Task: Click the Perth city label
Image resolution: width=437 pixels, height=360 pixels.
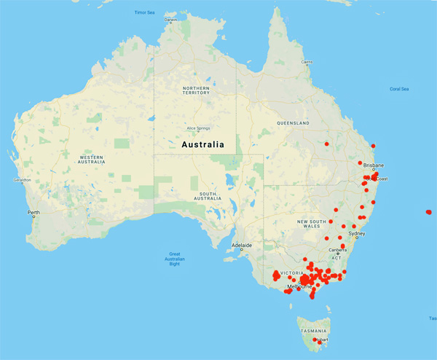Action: tap(33, 213)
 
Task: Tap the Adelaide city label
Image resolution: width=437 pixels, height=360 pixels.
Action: tap(241, 246)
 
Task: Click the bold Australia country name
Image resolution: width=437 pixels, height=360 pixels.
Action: tap(202, 145)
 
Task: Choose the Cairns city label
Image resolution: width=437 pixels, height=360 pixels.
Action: tap(307, 62)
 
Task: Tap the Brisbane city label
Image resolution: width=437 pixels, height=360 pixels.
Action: tap(374, 165)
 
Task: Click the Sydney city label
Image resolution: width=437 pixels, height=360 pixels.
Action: tap(357, 234)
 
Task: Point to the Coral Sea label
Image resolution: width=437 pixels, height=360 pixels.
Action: tap(399, 89)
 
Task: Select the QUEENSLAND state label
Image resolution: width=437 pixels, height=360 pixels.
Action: tap(294, 123)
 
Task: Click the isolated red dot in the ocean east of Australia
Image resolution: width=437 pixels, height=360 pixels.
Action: tap(428, 212)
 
